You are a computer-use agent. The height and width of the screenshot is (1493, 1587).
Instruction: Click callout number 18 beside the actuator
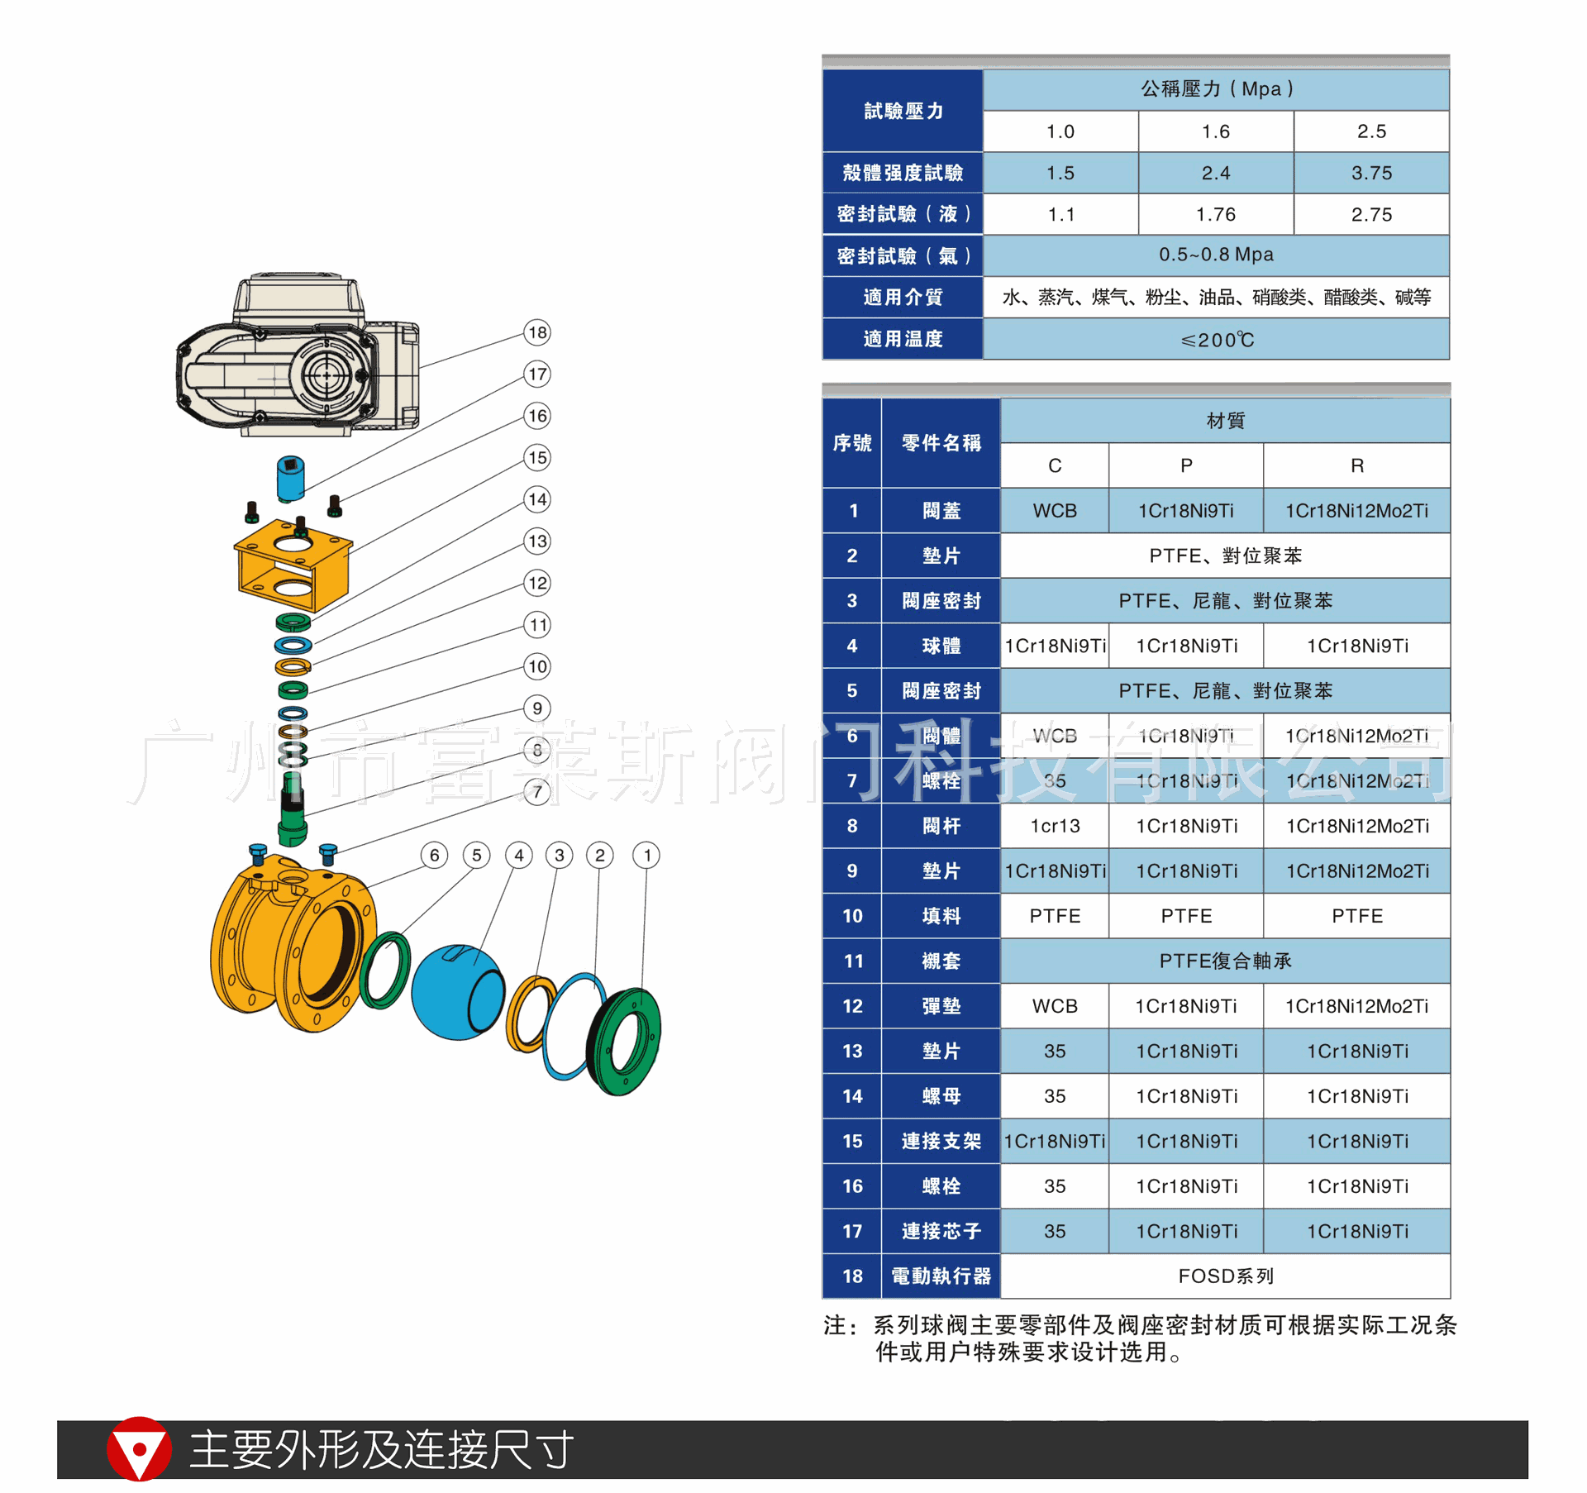[x=537, y=332]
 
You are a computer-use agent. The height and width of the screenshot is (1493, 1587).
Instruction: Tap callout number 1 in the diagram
[x=646, y=855]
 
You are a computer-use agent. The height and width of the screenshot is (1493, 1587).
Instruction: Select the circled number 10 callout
[x=537, y=666]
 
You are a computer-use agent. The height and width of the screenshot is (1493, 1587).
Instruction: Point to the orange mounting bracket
[x=293, y=566]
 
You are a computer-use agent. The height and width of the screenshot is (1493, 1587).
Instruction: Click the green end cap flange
[x=627, y=1042]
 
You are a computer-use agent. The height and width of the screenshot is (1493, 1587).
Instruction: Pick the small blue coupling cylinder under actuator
[x=290, y=478]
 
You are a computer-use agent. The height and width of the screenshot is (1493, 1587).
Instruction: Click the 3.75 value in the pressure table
[x=1371, y=173]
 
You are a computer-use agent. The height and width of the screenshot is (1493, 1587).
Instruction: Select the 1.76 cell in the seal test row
[x=1215, y=214]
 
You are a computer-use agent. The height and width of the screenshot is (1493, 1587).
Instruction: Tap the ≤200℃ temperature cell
[x=1216, y=339]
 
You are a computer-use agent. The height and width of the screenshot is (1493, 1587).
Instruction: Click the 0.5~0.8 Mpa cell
[x=1216, y=255]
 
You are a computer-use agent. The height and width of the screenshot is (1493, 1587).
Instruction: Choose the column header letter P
[x=1185, y=465]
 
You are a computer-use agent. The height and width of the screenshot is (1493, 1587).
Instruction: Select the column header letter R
[x=1356, y=465]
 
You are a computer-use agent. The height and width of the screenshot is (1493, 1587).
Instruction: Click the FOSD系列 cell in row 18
[x=1225, y=1276]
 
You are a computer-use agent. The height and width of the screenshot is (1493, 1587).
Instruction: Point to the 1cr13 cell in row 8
[x=1055, y=826]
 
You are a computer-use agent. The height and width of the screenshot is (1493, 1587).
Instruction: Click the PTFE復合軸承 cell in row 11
[x=1225, y=961]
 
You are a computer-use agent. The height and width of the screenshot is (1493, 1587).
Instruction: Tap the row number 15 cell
[x=852, y=1141]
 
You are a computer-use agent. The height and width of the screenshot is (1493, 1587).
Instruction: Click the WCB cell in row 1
[x=1055, y=511]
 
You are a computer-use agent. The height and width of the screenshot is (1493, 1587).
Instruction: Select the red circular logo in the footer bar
[x=139, y=1448]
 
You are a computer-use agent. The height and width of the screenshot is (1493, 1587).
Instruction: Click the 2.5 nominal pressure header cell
[x=1371, y=131]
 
